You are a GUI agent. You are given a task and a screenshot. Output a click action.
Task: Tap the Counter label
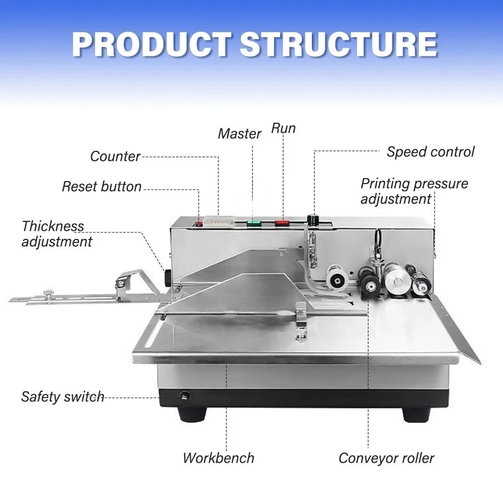(x=115, y=156)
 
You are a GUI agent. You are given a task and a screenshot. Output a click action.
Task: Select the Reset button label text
(x=102, y=187)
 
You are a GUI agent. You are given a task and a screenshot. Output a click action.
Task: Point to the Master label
(x=239, y=134)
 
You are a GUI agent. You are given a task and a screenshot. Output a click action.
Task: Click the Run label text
(x=283, y=128)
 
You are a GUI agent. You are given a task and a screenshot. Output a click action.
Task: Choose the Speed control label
(x=430, y=152)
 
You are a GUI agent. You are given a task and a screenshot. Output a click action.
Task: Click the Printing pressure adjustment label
(x=413, y=191)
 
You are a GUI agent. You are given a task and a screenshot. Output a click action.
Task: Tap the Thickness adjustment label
(x=56, y=234)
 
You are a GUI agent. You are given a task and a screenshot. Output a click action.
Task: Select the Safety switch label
(x=62, y=397)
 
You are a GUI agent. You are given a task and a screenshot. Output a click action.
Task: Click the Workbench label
(x=218, y=458)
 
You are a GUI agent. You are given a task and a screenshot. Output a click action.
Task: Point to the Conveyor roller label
(x=386, y=458)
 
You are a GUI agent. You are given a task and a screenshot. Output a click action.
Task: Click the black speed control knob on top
(x=315, y=220)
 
